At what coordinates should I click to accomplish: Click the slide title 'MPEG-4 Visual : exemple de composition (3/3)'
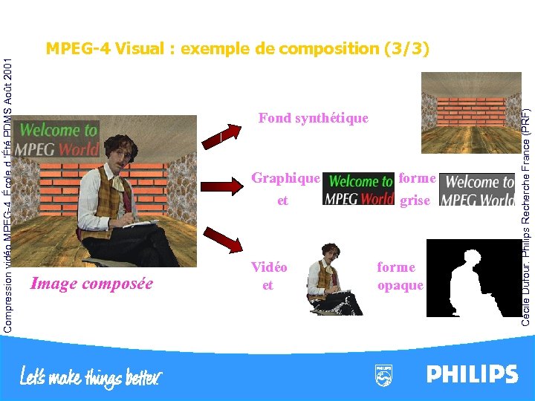(238, 49)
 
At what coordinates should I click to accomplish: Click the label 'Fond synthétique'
(313, 118)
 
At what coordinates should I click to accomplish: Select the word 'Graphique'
(285, 178)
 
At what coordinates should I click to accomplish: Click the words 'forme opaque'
(400, 276)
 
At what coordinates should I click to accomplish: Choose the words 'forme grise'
(416, 189)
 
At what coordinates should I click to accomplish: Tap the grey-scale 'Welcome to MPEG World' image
(477, 190)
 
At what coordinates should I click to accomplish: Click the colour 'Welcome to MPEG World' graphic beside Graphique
(360, 189)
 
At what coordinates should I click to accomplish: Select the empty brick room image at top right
(470, 112)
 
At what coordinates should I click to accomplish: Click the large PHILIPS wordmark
(472, 374)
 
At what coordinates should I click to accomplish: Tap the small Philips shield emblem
(383, 374)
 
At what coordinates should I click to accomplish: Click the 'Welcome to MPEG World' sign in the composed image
(58, 139)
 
